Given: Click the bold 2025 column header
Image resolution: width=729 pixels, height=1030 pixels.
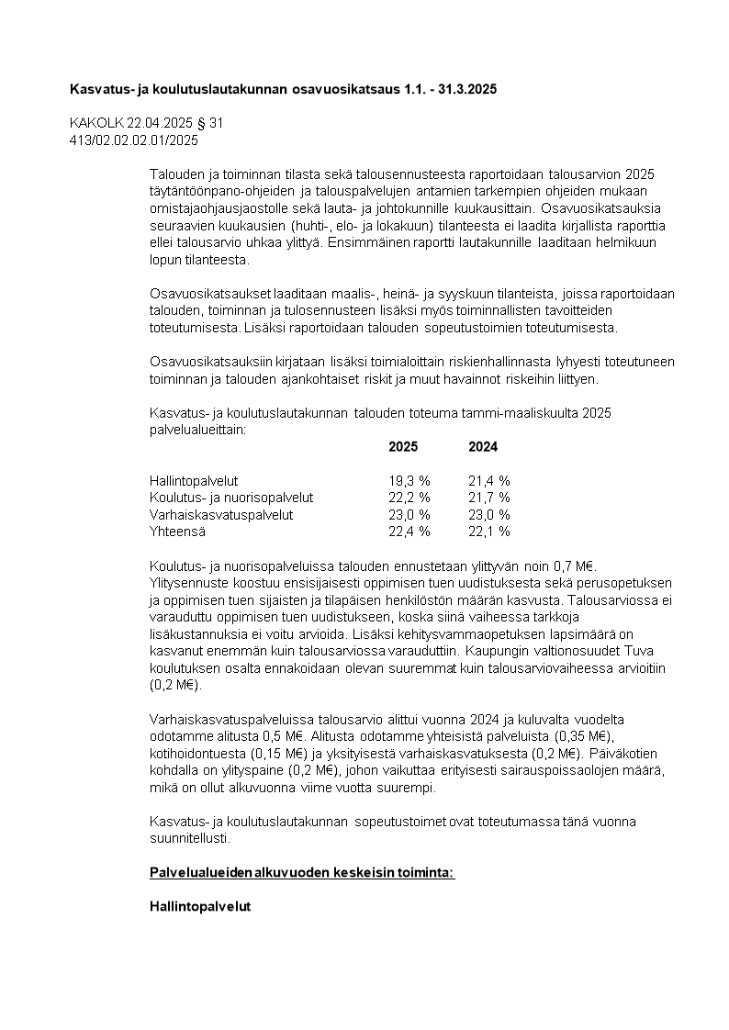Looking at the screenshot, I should [402, 447].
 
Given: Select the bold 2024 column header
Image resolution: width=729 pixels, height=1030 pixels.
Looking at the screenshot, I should [483, 447].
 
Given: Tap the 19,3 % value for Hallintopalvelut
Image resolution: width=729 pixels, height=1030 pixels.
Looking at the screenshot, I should [409, 480].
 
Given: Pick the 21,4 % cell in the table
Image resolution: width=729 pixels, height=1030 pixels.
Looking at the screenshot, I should [489, 480].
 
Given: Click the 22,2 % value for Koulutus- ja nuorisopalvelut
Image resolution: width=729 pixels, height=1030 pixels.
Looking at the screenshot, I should [409, 498].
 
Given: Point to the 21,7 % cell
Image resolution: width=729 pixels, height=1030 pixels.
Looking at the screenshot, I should [489, 498].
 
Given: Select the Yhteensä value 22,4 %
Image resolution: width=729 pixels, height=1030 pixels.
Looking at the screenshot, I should [409, 532].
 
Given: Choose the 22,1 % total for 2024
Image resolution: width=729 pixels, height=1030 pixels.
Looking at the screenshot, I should [489, 532].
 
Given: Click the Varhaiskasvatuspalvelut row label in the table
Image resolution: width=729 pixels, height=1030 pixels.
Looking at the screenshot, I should [221, 515].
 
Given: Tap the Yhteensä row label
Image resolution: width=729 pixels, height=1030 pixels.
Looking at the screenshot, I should [177, 532].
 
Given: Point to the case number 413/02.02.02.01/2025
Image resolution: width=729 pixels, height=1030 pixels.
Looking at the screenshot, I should [134, 140].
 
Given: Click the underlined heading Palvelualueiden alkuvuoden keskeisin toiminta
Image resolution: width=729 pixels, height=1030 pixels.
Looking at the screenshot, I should [302, 872].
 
